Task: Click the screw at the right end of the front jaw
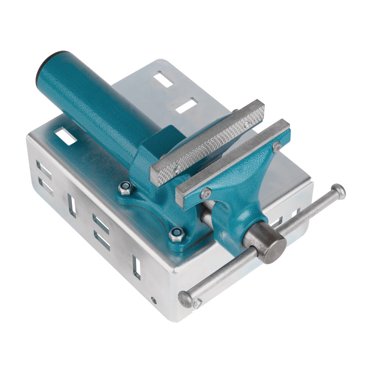[277, 146]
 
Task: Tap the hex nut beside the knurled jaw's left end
[126, 188]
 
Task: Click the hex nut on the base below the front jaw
[175, 234]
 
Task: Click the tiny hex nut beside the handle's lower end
[198, 304]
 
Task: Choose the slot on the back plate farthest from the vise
[164, 79]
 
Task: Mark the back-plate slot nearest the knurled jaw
[186, 105]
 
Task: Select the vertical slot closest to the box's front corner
[136, 267]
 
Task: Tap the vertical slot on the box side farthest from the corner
[72, 205]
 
